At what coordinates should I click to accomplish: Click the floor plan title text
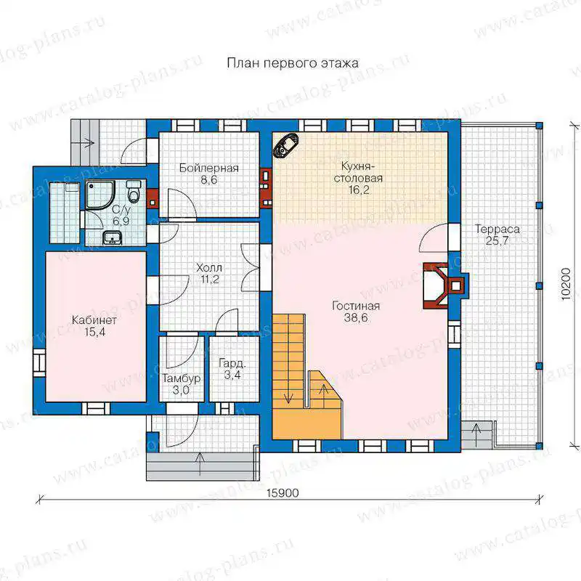tap(293, 63)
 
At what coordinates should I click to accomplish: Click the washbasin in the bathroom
tap(113, 237)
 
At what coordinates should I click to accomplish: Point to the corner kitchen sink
tap(286, 145)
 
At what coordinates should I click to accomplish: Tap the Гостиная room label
tap(356, 306)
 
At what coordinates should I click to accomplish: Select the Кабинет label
tap(94, 320)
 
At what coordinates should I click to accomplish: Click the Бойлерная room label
tap(209, 168)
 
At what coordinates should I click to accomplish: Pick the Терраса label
tap(497, 229)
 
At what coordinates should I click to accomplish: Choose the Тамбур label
tap(182, 378)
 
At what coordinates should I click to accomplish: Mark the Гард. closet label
tap(232, 363)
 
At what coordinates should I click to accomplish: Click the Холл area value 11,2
tap(210, 280)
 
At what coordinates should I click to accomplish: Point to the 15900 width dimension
tap(283, 493)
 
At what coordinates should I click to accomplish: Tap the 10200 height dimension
tap(566, 284)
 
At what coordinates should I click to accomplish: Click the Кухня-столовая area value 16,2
tap(358, 190)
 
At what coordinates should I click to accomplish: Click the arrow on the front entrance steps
tap(200, 463)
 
